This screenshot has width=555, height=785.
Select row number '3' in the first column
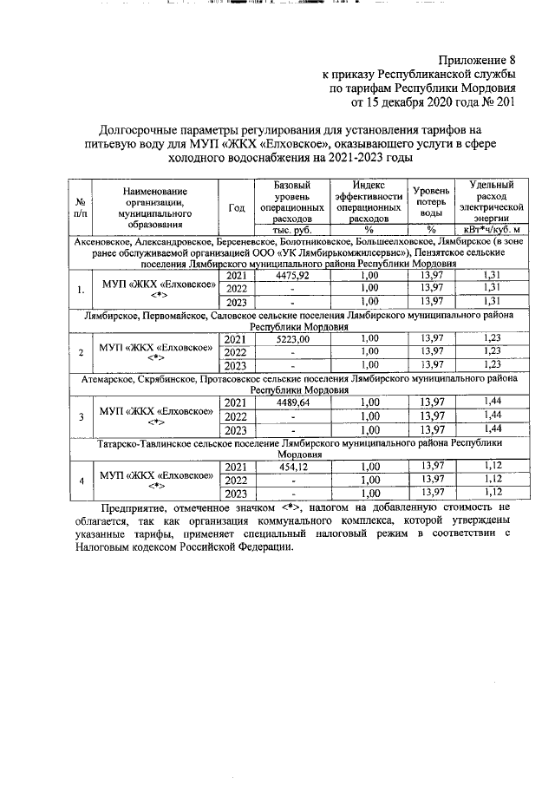tap(80, 416)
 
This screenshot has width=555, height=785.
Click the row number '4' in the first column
tap(80, 480)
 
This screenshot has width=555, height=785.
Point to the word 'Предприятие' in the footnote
tap(135, 507)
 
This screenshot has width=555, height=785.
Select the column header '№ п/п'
tap(80, 206)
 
